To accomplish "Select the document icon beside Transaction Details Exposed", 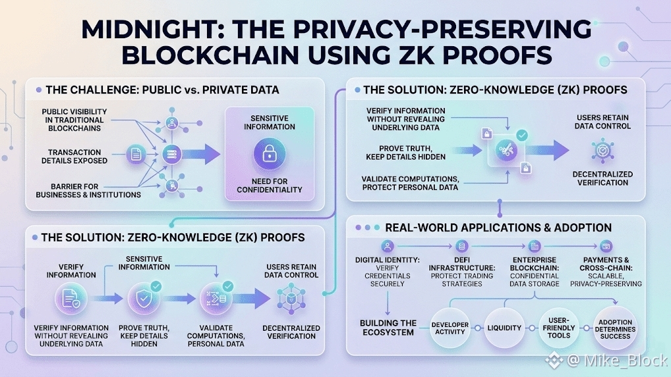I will pos(135,156).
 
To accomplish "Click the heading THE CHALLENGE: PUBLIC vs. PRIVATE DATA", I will pos(161,90).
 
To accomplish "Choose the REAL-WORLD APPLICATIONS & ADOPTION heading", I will pos(498,228).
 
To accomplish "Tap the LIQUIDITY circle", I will pos(504,328).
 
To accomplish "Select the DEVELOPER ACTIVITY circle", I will pos(450,328).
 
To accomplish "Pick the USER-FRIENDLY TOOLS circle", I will pos(559,328).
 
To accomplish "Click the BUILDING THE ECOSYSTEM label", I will pos(388,328).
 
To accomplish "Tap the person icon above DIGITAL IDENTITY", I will pos(388,246).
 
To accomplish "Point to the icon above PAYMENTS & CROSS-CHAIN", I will pos(605,246).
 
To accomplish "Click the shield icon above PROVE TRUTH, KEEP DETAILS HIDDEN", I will pos(143,299).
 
